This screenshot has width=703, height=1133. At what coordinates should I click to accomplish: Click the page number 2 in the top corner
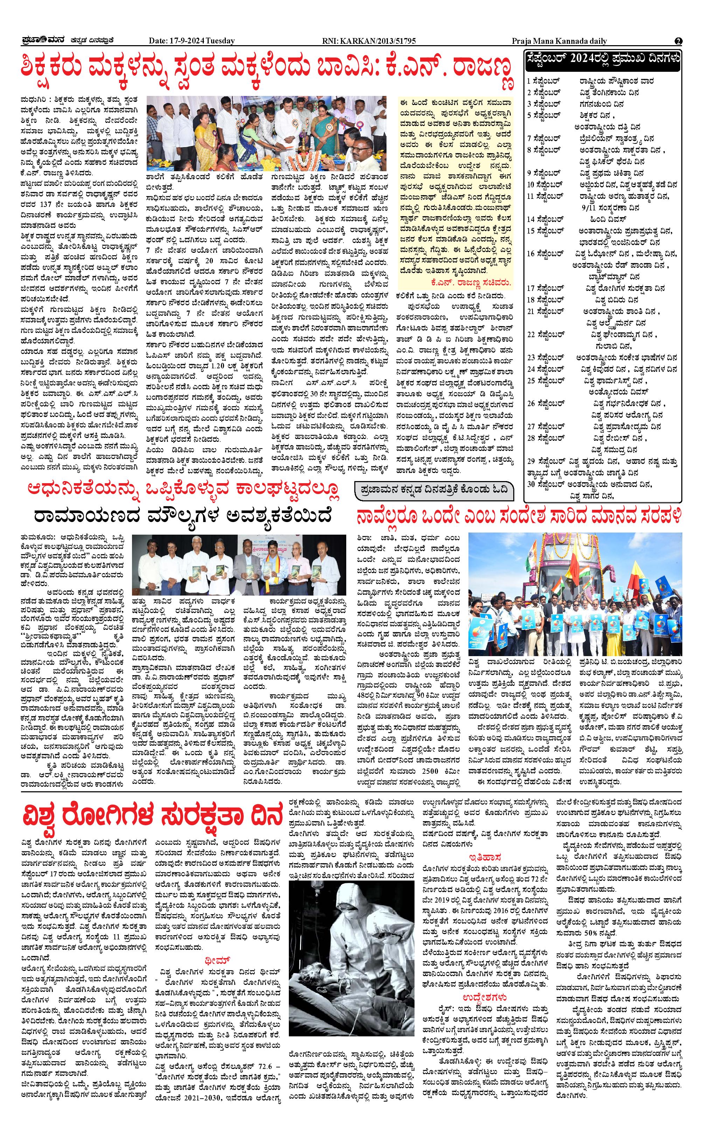pyautogui.click(x=678, y=41)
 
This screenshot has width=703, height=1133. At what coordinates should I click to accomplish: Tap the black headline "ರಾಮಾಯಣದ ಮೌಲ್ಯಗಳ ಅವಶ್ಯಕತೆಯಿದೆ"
pyautogui.click(x=183, y=516)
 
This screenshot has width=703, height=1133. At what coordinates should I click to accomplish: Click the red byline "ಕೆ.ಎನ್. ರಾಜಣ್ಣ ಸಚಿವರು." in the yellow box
pyautogui.click(x=471, y=282)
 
